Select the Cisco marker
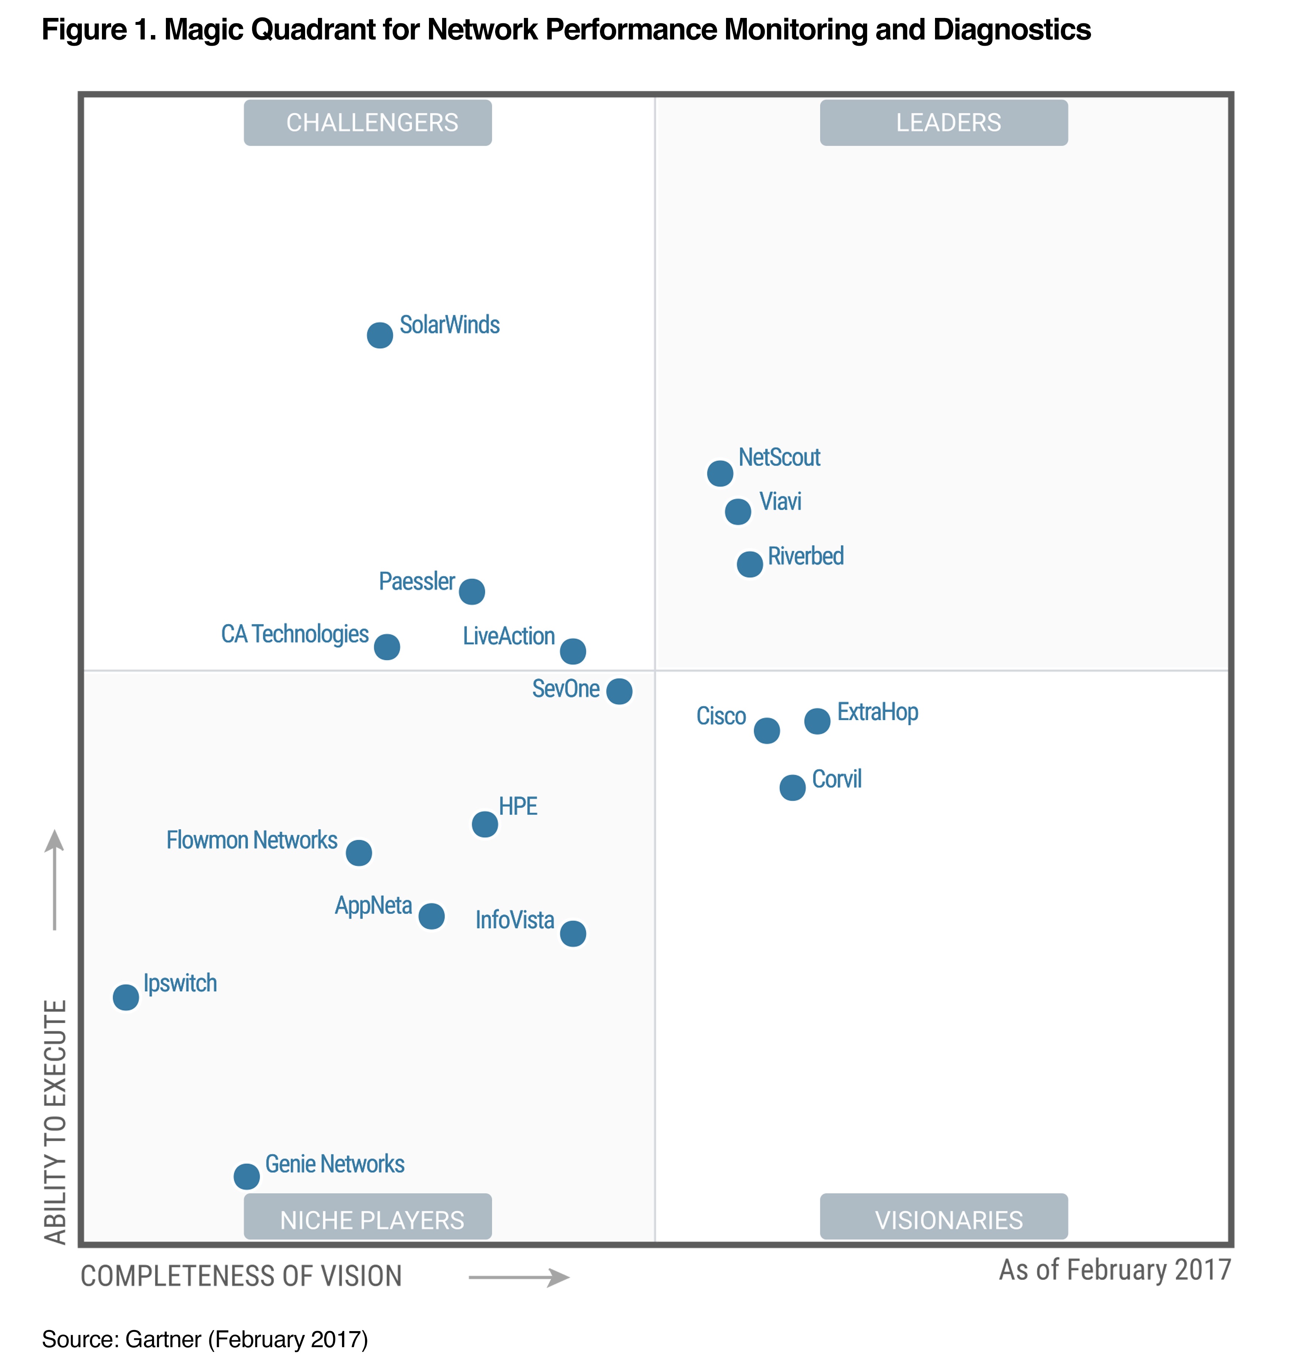tap(767, 731)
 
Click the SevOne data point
tap(619, 691)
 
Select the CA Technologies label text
tap(294, 634)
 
